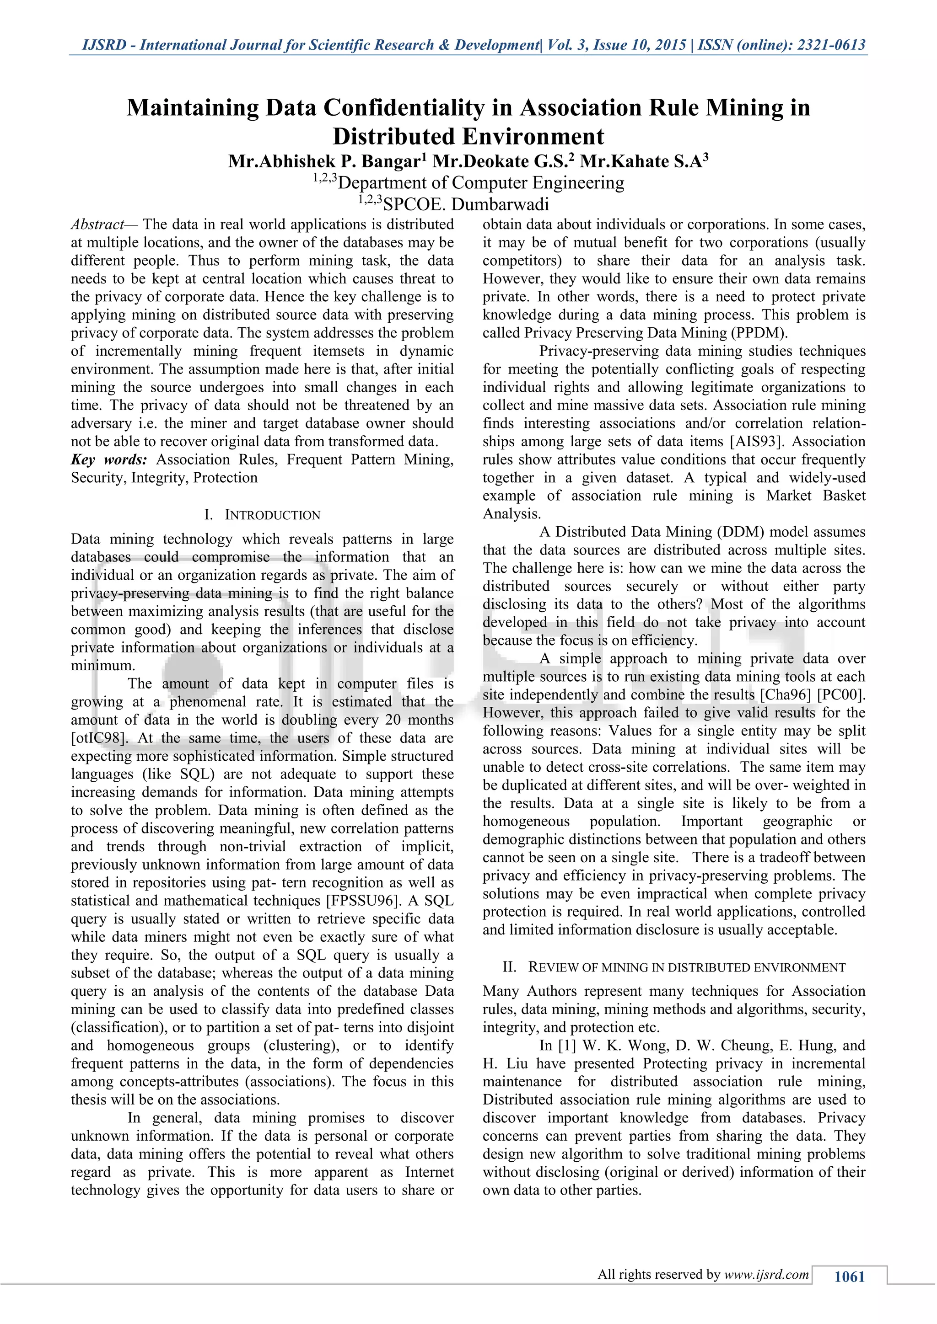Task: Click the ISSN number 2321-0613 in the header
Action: [x=831, y=45]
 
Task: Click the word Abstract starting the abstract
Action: [x=97, y=224]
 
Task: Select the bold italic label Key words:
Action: [x=109, y=459]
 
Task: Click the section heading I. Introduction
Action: [x=263, y=515]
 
